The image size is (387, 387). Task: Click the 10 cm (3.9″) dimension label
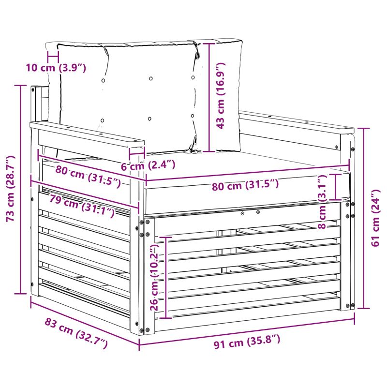(56, 67)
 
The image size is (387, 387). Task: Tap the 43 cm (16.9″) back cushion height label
(221, 96)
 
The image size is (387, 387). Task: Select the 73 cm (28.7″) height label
(11, 189)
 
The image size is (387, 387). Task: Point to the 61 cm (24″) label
(375, 218)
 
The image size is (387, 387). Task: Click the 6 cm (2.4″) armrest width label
(148, 165)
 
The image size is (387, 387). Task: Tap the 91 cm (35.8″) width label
(247, 342)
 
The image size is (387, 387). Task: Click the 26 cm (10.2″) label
(155, 277)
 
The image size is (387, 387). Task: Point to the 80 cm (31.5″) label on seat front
(245, 185)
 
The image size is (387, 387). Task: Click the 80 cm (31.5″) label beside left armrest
(88, 176)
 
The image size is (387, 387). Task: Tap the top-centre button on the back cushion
(151, 78)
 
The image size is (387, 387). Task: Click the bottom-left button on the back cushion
(103, 120)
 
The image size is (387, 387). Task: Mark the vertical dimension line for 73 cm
(21, 190)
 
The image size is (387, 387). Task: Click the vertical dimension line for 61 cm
(364, 219)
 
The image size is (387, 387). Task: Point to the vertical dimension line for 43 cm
(209, 98)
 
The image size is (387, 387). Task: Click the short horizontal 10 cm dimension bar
(53, 57)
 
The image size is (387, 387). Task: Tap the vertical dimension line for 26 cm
(166, 278)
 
